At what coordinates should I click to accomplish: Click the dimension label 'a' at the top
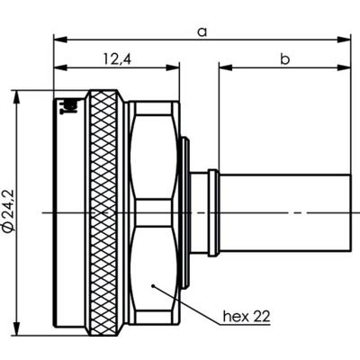click(202, 31)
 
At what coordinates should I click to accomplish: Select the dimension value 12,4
click(112, 59)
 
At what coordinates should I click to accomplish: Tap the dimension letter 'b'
click(283, 59)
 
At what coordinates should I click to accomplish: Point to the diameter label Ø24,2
click(8, 210)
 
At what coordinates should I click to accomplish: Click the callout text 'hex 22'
click(244, 316)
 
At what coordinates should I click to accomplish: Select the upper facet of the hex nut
click(155, 162)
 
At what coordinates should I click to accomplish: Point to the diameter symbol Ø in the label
click(8, 234)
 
